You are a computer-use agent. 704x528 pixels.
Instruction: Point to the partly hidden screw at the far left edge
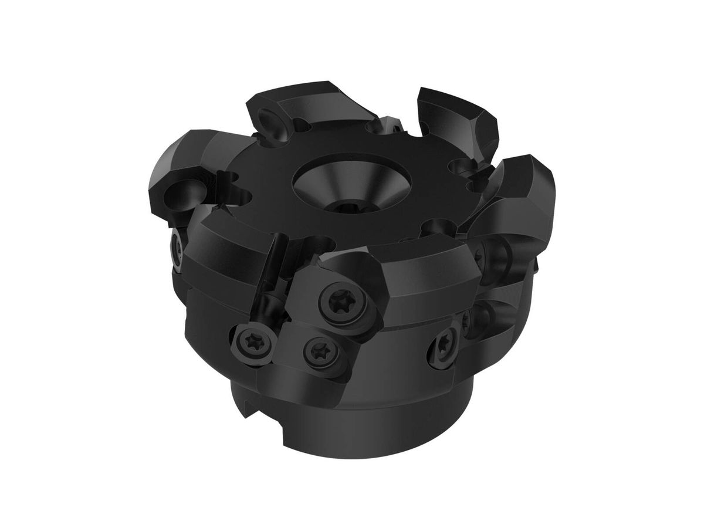[x=177, y=245]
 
